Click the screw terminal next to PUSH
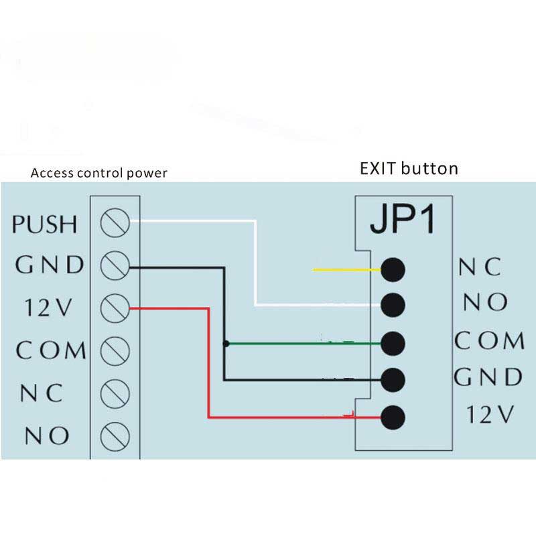[x=115, y=223]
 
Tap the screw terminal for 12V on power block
[x=115, y=308]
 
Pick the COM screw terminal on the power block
[x=115, y=350]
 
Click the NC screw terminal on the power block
[x=115, y=393]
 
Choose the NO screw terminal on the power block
[x=115, y=435]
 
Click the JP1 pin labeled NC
[x=393, y=269]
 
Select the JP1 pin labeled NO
[x=393, y=305]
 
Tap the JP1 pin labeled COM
[x=393, y=343]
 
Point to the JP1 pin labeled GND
[x=393, y=379]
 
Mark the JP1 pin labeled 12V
[x=393, y=417]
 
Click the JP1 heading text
[x=402, y=222]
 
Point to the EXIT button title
[x=408, y=167]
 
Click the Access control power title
[x=99, y=174]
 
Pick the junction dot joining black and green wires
[x=226, y=344]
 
